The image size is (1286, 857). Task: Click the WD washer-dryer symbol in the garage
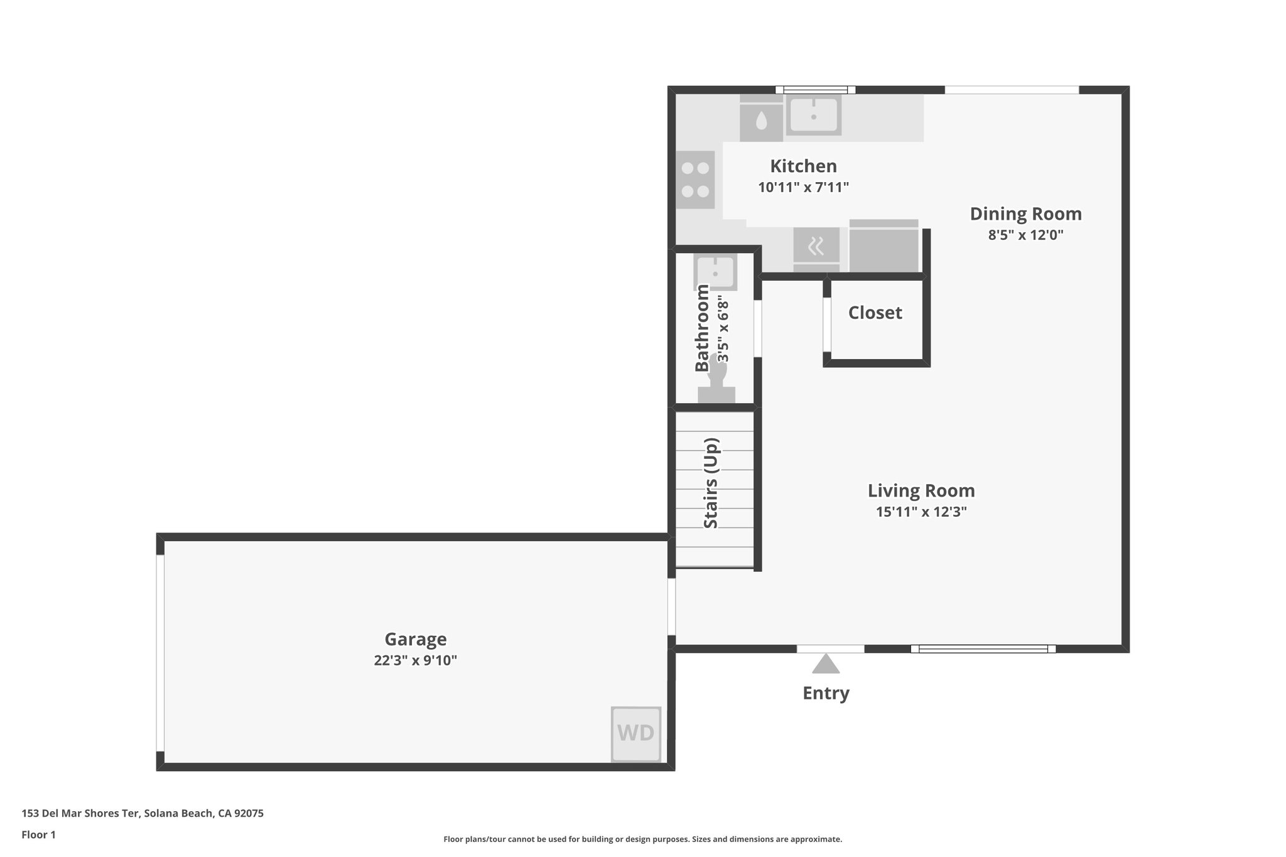635,733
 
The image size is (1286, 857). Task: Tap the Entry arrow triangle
826,665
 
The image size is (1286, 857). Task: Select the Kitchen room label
803,166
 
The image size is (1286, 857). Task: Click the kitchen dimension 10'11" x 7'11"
803,187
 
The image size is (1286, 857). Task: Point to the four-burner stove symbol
695,180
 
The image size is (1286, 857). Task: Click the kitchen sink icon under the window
813,116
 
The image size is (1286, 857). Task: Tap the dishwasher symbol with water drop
761,121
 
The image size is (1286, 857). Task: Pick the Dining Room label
1025,214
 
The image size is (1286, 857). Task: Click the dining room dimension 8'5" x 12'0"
1025,235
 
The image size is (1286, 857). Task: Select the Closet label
875,313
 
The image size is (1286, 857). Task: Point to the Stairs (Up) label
711,483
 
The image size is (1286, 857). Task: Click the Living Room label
921,491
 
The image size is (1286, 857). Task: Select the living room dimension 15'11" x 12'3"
921,512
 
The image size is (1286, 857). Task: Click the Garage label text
415,639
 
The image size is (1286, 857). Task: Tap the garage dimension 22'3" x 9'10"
415,660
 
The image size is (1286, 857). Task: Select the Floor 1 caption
38,835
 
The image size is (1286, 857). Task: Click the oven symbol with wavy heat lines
816,247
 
